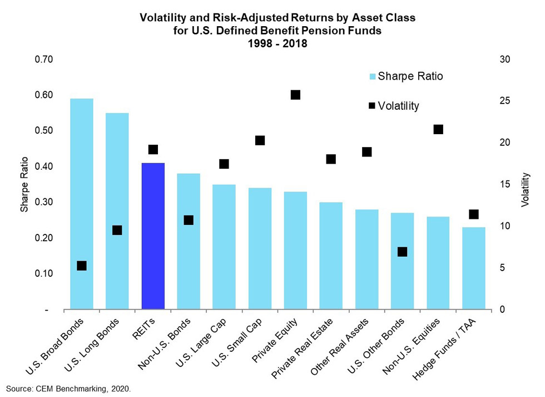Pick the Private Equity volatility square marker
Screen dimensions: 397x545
295,95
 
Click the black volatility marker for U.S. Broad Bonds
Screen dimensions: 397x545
82,266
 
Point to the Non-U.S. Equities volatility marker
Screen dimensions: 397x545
438,129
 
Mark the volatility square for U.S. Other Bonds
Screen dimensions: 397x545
403,252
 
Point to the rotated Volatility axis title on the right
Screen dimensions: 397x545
526,190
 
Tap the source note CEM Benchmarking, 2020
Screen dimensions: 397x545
68,388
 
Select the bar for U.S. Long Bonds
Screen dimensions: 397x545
117,212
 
